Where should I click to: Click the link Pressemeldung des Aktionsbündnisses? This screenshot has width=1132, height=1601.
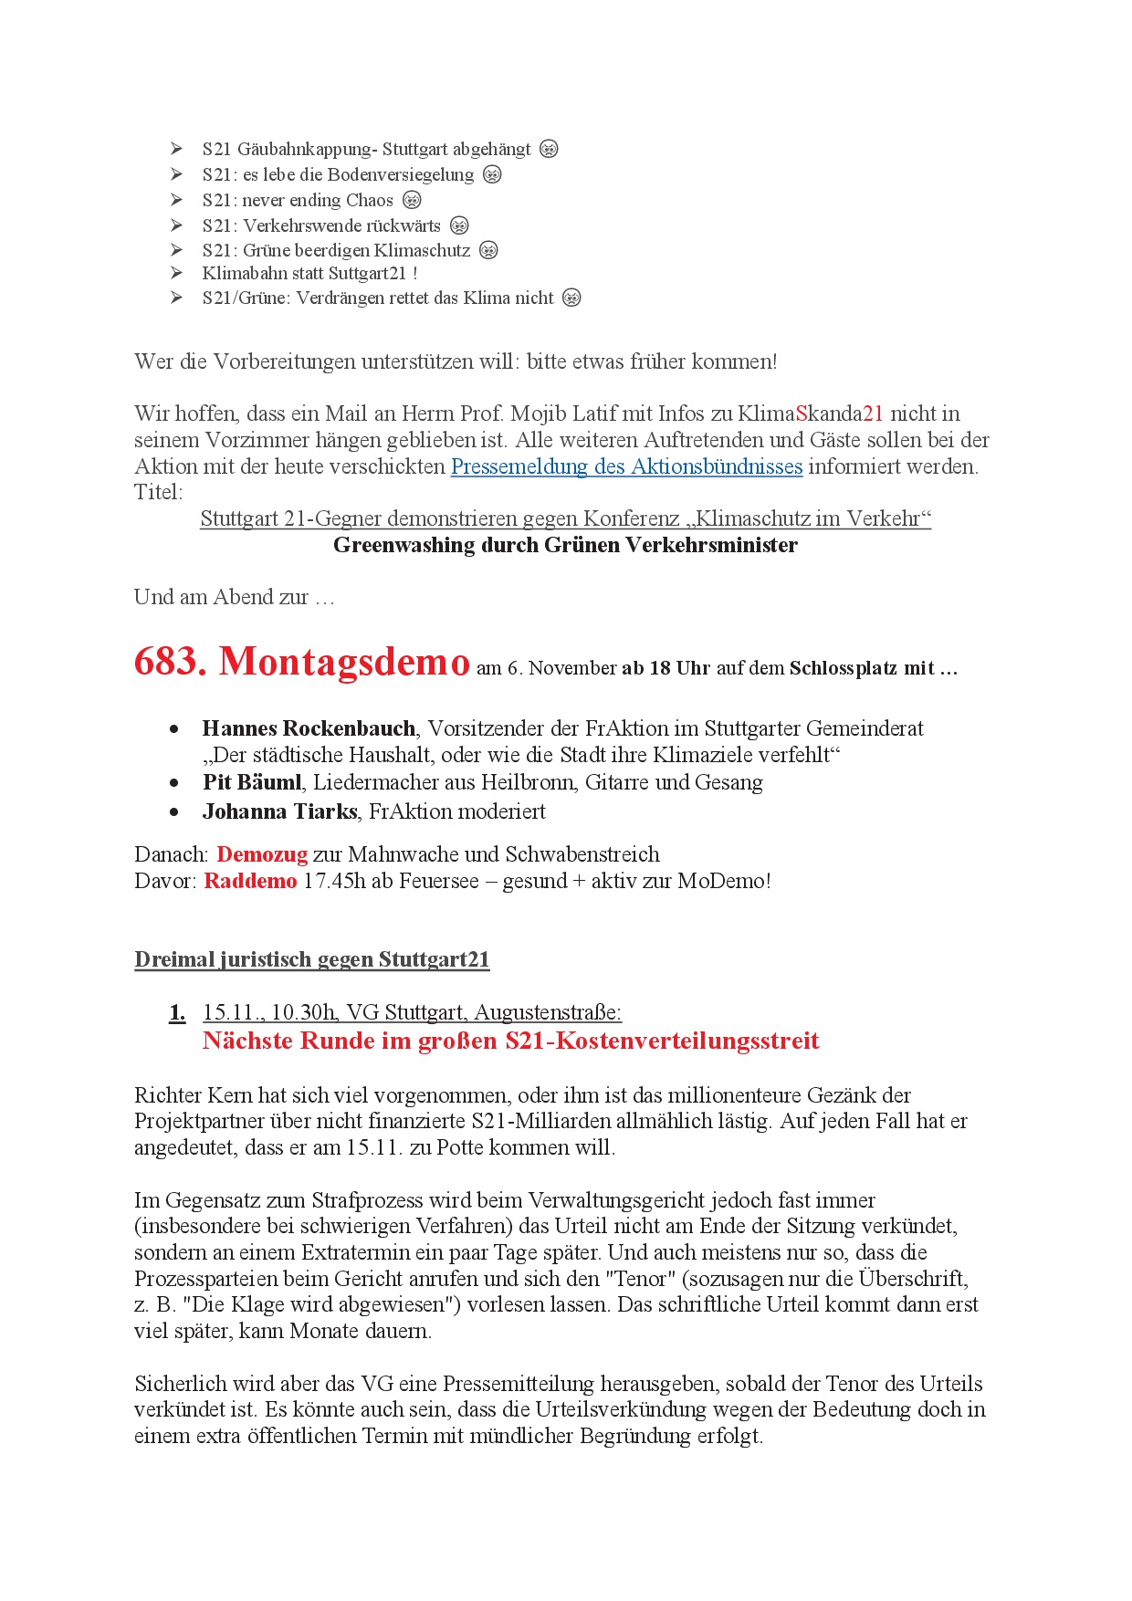(626, 466)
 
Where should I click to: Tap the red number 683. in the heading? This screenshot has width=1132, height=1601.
(170, 661)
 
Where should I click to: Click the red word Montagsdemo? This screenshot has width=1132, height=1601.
(344, 661)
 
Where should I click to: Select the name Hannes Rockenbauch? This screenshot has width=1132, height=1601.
(309, 728)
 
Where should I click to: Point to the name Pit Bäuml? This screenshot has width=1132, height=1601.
(252, 782)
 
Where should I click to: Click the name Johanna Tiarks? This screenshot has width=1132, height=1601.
(279, 811)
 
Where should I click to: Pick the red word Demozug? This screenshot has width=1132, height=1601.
(262, 854)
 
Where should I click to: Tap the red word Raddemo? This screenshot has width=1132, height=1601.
(250, 881)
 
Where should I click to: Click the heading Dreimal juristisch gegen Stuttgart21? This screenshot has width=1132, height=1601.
(312, 959)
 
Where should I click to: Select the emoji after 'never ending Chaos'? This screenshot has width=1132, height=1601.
(413, 200)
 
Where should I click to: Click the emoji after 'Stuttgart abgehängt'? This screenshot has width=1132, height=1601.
(549, 149)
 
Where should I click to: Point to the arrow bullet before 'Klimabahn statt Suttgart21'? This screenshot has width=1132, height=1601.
(176, 273)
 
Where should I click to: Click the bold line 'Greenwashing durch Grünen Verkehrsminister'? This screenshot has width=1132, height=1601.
(565, 545)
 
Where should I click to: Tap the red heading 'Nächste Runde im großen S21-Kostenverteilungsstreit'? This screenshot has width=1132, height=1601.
(510, 1041)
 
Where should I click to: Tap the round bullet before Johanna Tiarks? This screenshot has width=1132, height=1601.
(174, 811)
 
